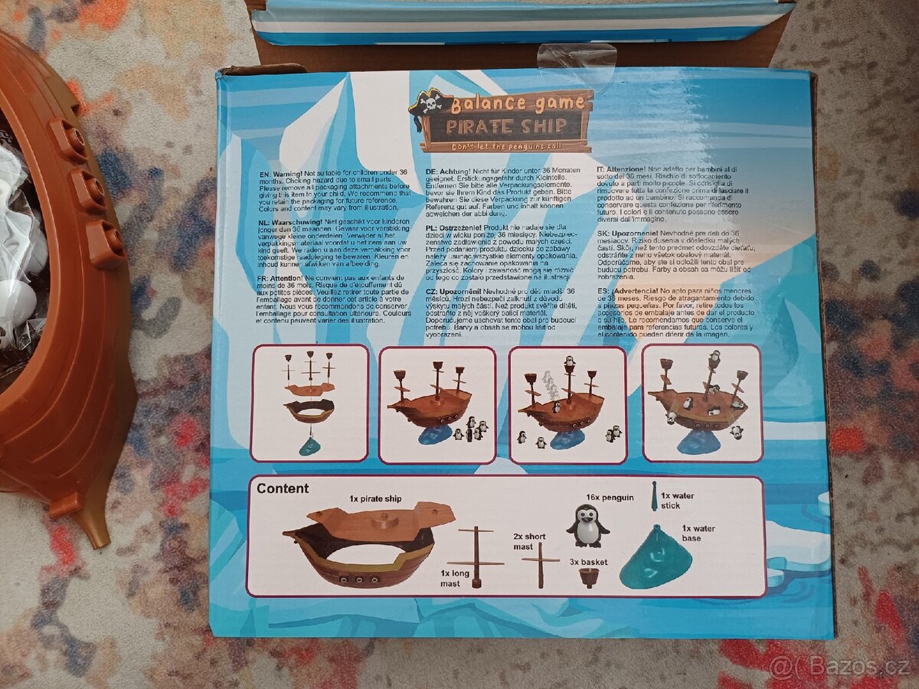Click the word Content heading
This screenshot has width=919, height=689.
pos(283,488)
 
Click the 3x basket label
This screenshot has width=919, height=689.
pos(588,561)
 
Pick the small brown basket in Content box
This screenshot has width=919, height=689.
pos(589,577)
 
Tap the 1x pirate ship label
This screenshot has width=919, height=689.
pos(375,498)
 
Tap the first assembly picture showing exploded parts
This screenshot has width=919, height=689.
pos(309,403)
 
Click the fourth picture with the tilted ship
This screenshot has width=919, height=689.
pos(702,403)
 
